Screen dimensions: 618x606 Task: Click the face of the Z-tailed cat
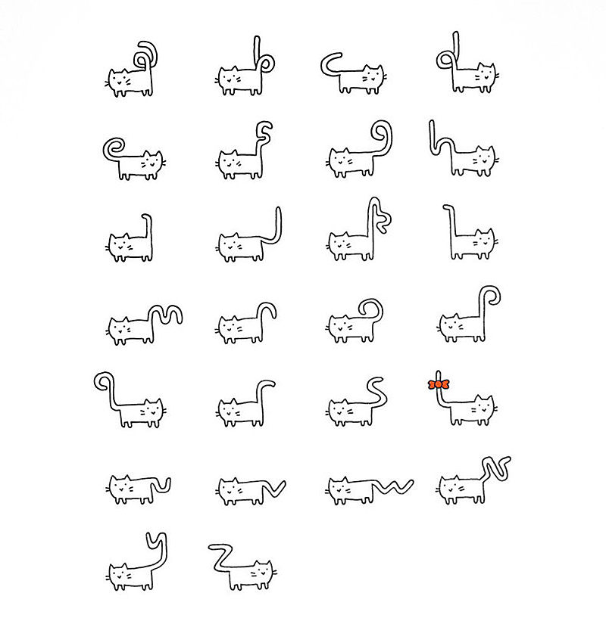(x=262, y=573)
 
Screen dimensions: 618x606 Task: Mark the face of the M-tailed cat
(x=118, y=328)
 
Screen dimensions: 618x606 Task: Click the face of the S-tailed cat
(x=339, y=410)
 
